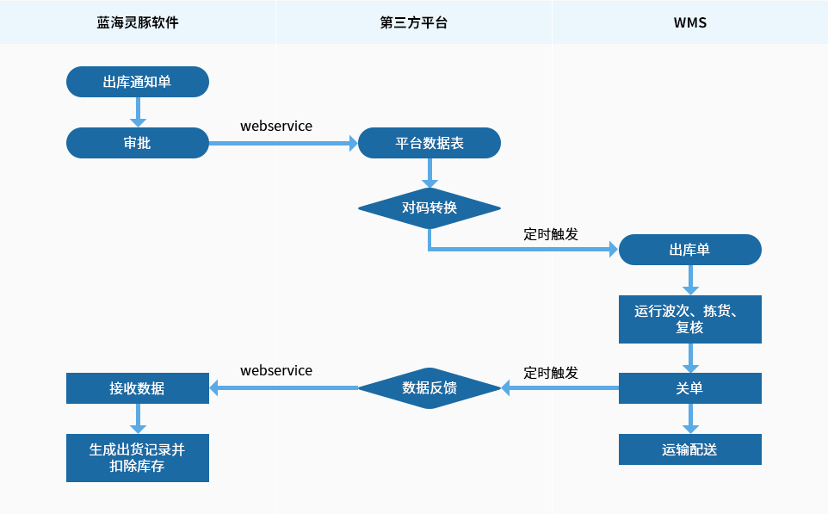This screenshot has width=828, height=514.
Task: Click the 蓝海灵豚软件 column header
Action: point(138,22)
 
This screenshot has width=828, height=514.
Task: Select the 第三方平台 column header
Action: point(413,22)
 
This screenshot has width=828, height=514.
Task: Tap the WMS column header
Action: point(689,22)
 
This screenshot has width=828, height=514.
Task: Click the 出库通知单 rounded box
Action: point(138,82)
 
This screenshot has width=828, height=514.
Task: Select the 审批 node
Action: point(138,143)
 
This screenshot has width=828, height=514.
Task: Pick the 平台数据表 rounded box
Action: point(429,143)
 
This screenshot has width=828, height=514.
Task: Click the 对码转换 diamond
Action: point(429,208)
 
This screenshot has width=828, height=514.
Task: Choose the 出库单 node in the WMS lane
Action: point(689,250)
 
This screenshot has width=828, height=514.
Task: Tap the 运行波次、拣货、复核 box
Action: point(689,319)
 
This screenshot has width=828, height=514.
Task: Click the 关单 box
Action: point(689,388)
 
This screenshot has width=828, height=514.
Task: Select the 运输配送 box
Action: point(689,449)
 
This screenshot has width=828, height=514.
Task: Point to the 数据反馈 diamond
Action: point(429,388)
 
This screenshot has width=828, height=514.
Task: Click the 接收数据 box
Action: point(138,388)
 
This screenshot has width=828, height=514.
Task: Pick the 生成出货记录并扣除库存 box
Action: point(138,458)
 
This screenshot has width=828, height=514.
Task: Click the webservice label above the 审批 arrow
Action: point(276,126)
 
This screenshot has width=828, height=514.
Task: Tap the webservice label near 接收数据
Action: point(276,370)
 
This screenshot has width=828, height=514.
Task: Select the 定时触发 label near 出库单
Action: point(551,234)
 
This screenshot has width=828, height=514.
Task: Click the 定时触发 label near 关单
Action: point(551,373)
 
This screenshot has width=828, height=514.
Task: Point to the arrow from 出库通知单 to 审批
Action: point(138,112)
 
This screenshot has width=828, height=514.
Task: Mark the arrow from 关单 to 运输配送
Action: point(690,419)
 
